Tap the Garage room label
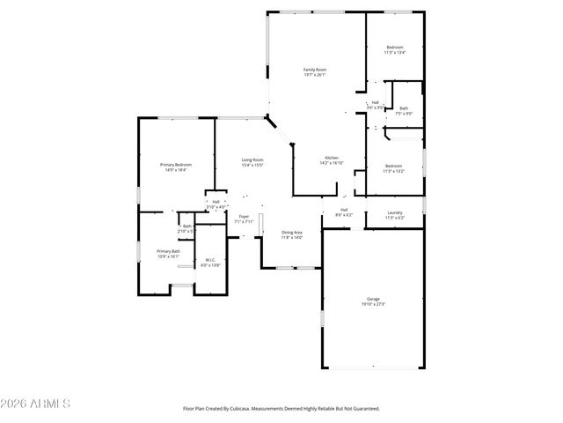point(372,299)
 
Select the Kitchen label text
point(331,158)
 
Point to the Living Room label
point(253,160)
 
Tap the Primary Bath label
point(168,251)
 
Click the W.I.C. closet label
point(209,259)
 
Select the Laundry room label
point(395,212)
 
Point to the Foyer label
point(244,217)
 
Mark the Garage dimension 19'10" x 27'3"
point(372,304)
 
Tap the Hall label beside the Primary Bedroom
point(216,202)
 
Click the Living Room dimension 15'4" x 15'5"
point(253,165)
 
